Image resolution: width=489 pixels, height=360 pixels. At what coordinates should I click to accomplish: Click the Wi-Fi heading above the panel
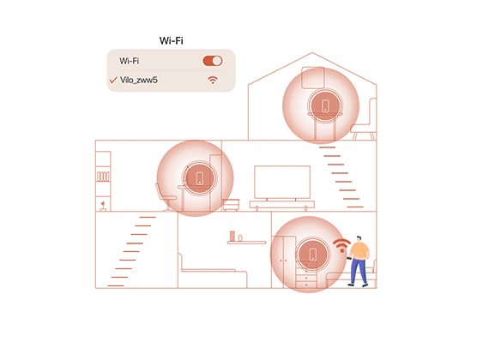click(172, 40)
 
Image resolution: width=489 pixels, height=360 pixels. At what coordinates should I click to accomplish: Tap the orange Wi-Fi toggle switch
click(213, 61)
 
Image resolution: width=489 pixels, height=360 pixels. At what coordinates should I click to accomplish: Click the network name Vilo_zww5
click(139, 80)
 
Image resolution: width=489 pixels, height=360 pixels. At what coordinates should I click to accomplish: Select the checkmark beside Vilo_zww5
click(113, 80)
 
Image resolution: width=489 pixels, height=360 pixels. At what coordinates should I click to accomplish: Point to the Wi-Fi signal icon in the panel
click(213, 80)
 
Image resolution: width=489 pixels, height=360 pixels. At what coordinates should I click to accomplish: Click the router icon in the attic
click(325, 106)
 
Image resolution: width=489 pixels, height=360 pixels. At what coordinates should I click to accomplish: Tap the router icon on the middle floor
click(200, 178)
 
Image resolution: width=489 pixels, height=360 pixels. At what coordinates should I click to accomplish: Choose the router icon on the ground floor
click(313, 254)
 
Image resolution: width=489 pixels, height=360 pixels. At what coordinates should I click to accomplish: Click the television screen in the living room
click(282, 182)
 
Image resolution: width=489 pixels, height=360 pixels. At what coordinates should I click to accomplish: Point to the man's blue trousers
click(359, 271)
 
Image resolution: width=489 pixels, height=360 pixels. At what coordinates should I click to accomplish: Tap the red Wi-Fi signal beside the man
click(341, 245)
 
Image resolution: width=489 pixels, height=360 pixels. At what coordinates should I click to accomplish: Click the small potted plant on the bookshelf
click(103, 207)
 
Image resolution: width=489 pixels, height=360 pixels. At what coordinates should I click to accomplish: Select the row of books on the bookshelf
click(103, 177)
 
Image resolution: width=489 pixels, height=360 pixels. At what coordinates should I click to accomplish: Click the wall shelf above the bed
click(247, 243)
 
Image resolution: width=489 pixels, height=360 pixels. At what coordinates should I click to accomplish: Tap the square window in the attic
click(313, 77)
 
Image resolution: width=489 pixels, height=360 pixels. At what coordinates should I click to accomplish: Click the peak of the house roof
click(312, 52)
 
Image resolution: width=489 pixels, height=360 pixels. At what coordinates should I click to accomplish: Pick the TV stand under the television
click(282, 205)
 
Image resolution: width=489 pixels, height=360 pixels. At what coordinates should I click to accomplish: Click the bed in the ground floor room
click(213, 273)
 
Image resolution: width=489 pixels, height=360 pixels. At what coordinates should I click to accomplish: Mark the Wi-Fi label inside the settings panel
click(129, 61)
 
